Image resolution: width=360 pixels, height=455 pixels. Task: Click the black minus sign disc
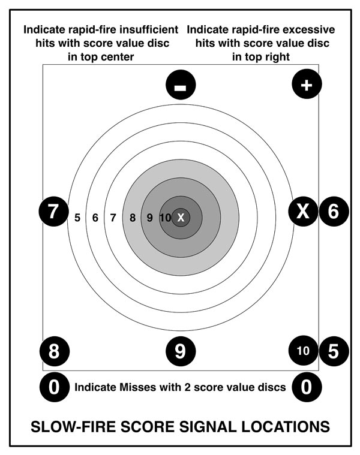click(181, 85)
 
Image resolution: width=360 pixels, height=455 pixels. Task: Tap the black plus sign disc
click(307, 84)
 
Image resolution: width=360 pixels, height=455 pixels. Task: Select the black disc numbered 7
click(53, 212)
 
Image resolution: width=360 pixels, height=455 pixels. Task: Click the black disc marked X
click(303, 211)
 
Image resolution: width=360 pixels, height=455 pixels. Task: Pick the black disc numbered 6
click(334, 211)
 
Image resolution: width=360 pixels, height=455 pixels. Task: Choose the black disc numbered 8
click(54, 351)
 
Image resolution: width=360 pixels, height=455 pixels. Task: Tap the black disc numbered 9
click(181, 351)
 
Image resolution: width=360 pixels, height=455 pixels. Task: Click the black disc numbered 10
click(303, 351)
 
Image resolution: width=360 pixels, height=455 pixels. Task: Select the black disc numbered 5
click(334, 351)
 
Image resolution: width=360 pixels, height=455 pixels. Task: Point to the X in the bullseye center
click(181, 218)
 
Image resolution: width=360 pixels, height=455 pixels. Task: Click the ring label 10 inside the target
click(166, 218)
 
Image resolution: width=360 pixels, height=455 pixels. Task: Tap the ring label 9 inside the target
click(149, 218)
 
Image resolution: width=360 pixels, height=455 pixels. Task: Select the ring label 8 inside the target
click(133, 218)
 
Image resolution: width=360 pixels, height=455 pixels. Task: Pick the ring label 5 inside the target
click(77, 218)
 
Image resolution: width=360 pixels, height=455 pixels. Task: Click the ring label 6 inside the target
click(95, 218)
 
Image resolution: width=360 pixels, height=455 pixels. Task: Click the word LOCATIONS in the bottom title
click(286, 427)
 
